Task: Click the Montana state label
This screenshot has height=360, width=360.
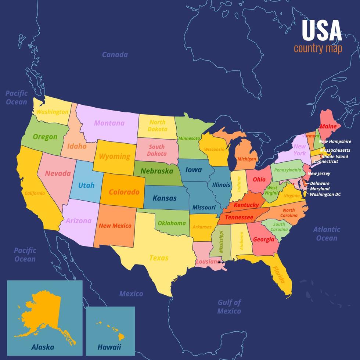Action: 109,123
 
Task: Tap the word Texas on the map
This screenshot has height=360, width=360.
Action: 159,258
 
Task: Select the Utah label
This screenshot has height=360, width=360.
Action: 86,185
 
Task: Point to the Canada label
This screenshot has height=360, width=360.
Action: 115,55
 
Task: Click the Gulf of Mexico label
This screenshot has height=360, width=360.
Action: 229,307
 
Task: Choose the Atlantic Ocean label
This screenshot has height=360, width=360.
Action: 327,234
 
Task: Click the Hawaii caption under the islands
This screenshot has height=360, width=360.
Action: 109,347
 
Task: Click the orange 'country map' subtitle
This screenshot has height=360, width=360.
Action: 318,48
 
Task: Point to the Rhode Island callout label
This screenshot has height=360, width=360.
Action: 335,156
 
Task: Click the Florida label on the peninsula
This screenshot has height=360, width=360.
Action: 278,274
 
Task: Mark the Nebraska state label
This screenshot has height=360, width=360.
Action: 156,171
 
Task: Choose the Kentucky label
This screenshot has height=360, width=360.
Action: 246,205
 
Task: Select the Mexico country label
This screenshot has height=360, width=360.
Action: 131,294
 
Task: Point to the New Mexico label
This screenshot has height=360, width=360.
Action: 115,226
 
